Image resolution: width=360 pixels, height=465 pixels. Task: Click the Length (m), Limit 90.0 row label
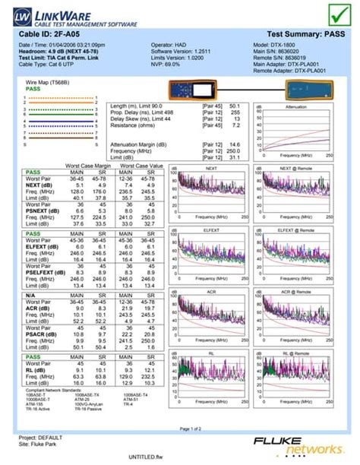click(x=137, y=106)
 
